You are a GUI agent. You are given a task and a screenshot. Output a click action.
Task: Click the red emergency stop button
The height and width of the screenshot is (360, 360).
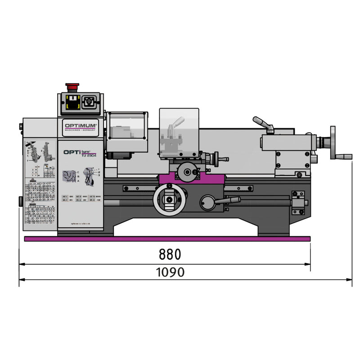tap(72, 86)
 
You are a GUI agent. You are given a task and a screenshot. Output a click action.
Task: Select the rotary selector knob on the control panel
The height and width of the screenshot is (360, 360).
tap(89, 103)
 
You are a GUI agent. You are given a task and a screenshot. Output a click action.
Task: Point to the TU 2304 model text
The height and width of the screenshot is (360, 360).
tap(89, 155)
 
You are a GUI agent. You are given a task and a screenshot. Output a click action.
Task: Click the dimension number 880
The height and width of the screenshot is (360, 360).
tap(170, 255)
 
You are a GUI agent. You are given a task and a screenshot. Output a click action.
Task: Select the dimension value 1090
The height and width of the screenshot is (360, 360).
tap(170, 272)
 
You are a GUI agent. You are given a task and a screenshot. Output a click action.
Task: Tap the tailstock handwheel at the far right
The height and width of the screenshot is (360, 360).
tap(334, 143)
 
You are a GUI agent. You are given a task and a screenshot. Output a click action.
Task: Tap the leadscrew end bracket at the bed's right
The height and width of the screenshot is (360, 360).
tap(297, 202)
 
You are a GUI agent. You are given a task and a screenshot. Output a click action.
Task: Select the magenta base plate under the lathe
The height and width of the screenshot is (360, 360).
tap(167, 238)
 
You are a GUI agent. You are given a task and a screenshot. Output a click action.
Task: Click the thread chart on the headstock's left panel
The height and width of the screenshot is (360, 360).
tap(40, 202)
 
